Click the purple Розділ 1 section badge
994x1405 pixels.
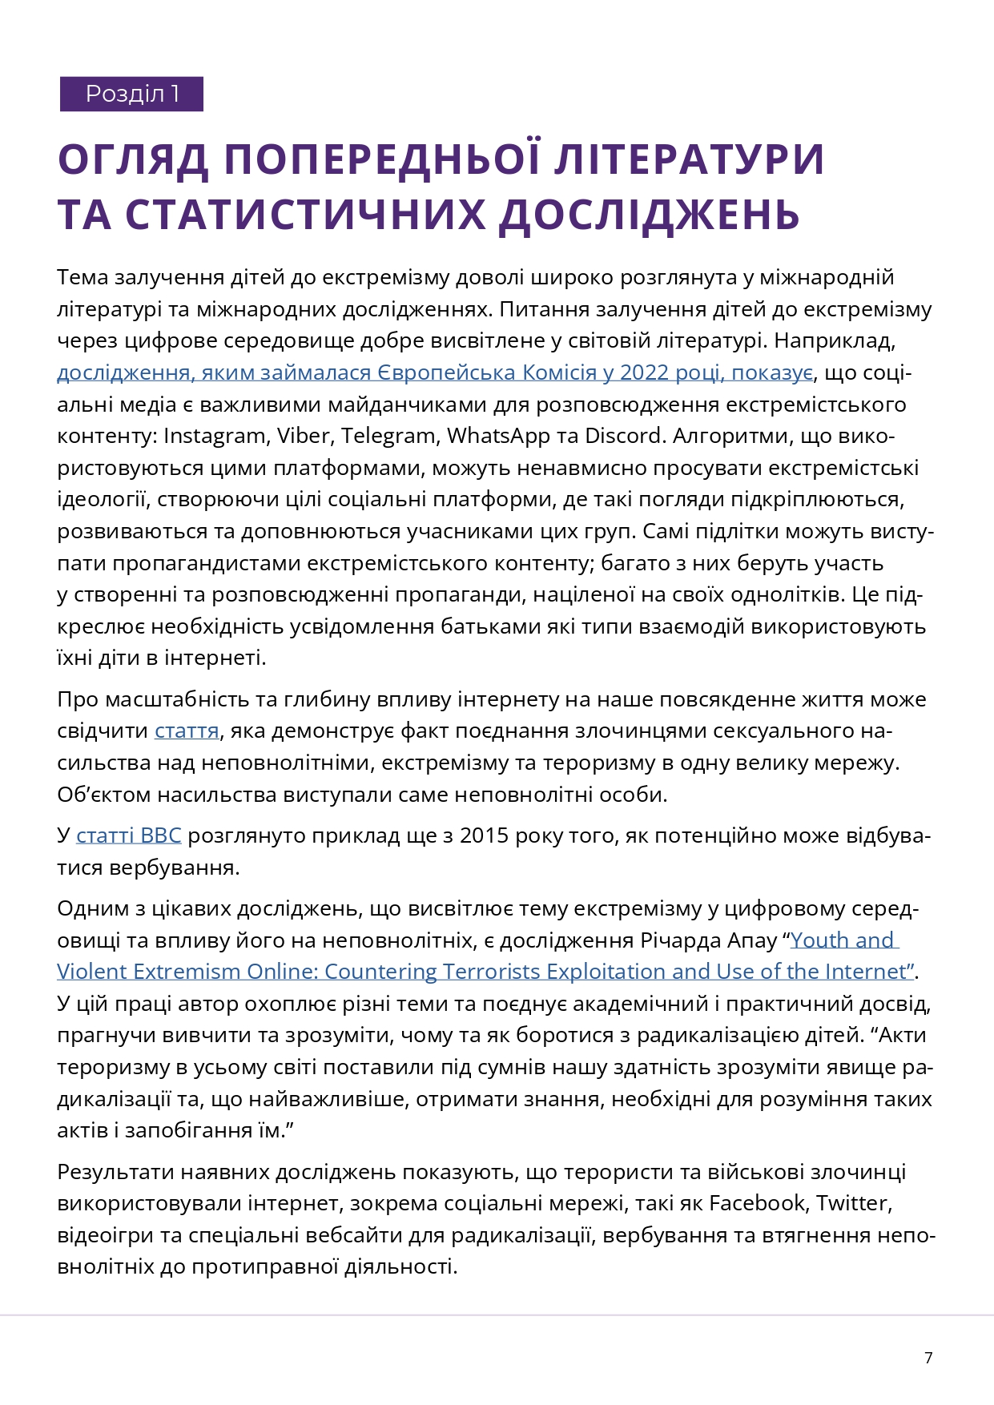click(131, 95)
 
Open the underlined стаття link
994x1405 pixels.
click(187, 731)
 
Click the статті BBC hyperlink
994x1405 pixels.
click(128, 835)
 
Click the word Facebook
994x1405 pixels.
click(757, 1203)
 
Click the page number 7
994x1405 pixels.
click(928, 1358)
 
